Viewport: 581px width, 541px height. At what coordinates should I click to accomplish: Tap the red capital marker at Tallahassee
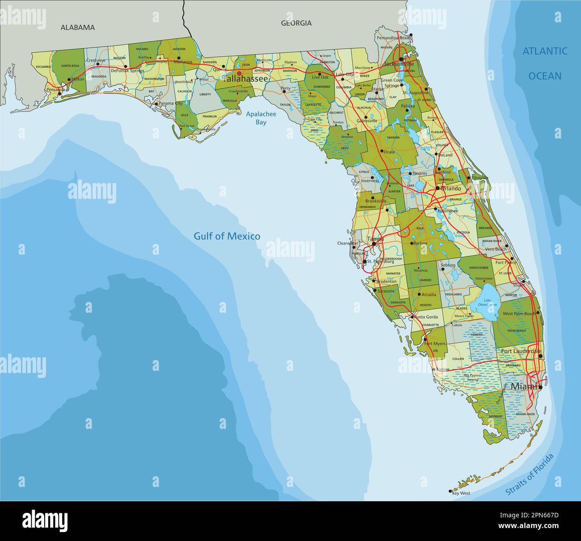[239, 73]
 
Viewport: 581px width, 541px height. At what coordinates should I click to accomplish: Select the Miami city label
[523, 386]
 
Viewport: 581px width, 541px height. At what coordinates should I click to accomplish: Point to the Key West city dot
[450, 491]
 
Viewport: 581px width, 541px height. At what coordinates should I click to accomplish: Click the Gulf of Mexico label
[227, 236]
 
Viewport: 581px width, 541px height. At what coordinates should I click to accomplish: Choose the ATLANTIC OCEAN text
[545, 63]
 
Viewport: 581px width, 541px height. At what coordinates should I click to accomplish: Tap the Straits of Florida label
[529, 474]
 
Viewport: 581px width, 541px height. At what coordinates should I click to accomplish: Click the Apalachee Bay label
[261, 118]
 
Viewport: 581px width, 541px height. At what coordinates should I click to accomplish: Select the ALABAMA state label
[78, 27]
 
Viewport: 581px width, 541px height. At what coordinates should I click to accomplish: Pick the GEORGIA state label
[296, 23]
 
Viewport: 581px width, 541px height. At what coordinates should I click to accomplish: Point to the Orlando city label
[450, 189]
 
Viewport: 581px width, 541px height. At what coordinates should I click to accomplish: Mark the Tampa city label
[375, 239]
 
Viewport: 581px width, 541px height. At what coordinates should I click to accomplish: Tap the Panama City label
[172, 103]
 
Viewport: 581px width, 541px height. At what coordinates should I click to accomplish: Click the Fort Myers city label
[435, 344]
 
